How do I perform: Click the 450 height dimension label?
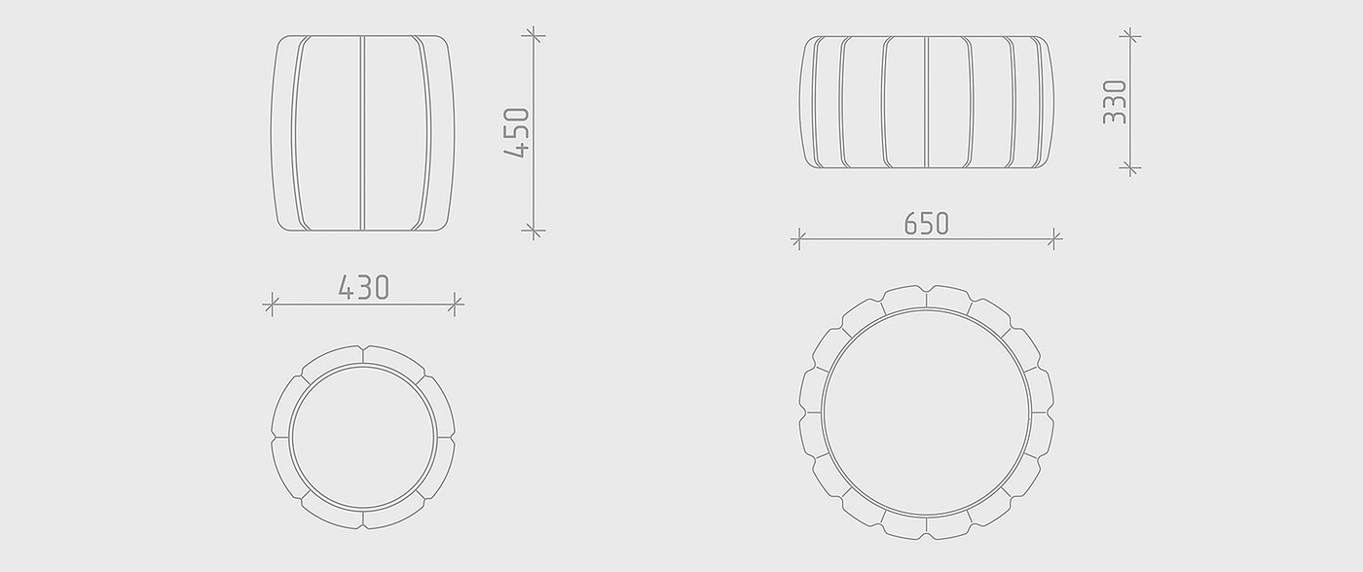pyautogui.click(x=517, y=133)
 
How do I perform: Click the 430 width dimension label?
pyautogui.click(x=364, y=288)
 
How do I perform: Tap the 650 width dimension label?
pyautogui.click(x=926, y=223)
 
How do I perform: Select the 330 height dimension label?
pyautogui.click(x=1115, y=102)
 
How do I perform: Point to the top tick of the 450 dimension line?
pyautogui.click(x=534, y=35)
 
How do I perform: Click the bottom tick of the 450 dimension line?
pyautogui.click(x=534, y=231)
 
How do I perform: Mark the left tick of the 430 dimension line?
pyautogui.click(x=272, y=304)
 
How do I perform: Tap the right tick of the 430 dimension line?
pyautogui.click(x=455, y=304)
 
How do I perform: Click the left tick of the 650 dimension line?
pyautogui.click(x=799, y=239)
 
